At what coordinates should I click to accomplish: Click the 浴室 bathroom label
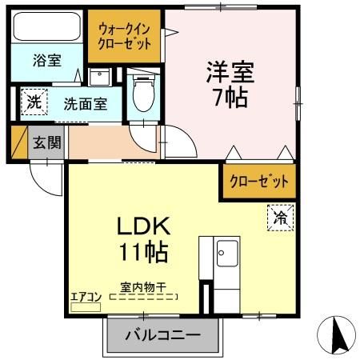(46, 60)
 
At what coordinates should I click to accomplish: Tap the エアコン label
(86, 296)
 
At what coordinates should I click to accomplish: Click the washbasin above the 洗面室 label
(99, 78)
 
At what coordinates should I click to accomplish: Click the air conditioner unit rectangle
(85, 306)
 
